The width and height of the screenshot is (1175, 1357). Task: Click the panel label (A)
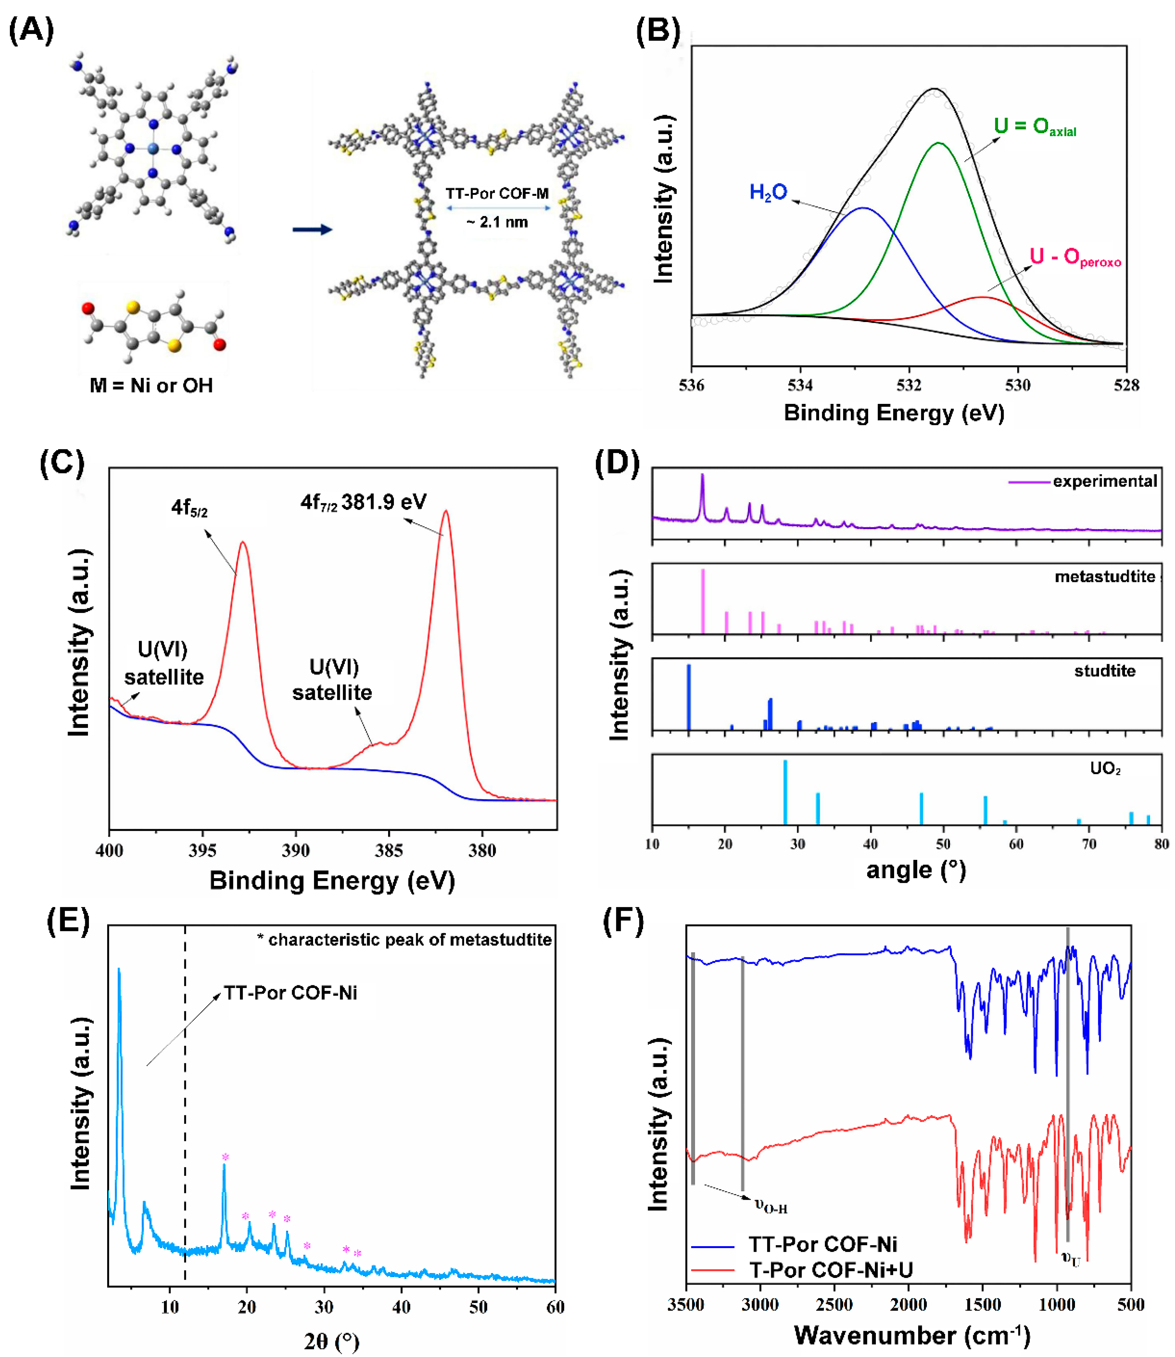point(31,31)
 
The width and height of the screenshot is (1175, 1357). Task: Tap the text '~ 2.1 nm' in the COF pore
point(497,222)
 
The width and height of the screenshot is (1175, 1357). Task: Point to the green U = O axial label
point(1034,127)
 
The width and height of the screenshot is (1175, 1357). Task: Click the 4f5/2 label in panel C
point(190,507)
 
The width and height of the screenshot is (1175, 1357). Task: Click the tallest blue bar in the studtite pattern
point(688,697)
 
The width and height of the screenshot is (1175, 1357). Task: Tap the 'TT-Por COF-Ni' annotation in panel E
point(291,993)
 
